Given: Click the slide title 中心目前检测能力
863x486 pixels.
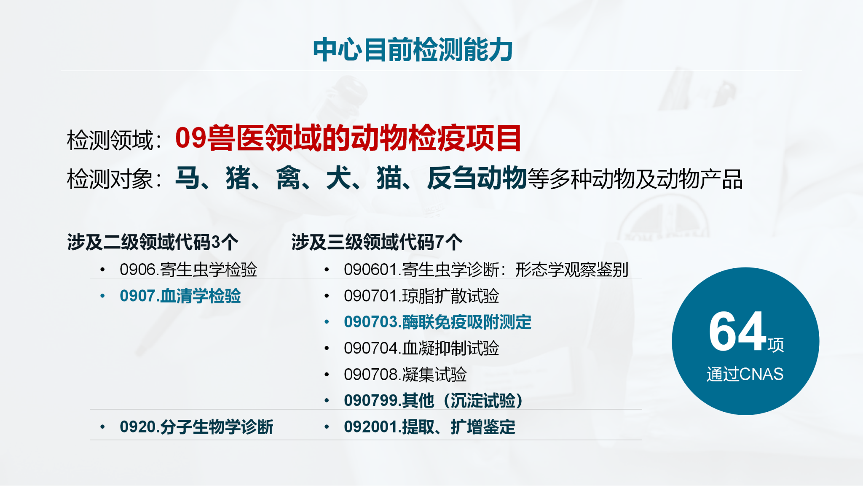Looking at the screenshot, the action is tap(413, 50).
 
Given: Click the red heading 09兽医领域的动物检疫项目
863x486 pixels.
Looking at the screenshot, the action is tap(348, 138).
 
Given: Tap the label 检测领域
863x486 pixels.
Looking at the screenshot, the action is tap(110, 140).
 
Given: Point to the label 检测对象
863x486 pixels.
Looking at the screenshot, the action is tap(110, 179).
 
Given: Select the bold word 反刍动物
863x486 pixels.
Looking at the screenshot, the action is tap(477, 178).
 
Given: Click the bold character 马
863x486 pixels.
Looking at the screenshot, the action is tap(188, 178).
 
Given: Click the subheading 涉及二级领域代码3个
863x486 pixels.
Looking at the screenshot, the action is tap(153, 242).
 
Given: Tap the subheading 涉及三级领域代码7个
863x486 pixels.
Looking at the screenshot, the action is tap(377, 242).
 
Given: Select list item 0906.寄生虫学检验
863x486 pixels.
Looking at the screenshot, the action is tap(188, 270).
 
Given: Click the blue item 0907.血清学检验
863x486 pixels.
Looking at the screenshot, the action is tap(180, 296).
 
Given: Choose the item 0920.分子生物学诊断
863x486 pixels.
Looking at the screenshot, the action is tap(196, 427).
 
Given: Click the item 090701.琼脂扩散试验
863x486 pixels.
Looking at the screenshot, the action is tap(421, 296).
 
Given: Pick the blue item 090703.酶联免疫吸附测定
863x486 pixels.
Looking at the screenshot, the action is tap(437, 322).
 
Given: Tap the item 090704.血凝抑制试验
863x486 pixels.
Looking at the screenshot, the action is tap(421, 348).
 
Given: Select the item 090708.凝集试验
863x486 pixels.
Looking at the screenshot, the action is tap(405, 374).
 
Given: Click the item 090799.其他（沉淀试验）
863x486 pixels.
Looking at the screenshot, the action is tap(433, 400).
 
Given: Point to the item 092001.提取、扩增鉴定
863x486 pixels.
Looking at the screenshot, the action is tap(429, 427).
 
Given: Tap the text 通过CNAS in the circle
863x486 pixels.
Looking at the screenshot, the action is tap(745, 374).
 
